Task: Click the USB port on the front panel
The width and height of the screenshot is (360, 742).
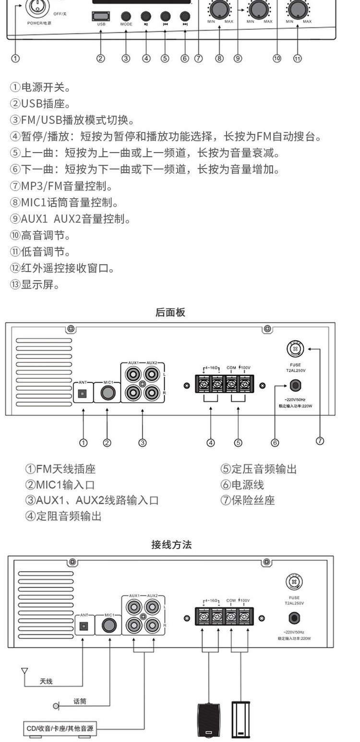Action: (x=101, y=16)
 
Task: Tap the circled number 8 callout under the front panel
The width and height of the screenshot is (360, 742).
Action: (x=219, y=59)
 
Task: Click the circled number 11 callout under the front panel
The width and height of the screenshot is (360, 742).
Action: (x=297, y=59)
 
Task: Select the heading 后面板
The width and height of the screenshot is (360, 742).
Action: (x=170, y=312)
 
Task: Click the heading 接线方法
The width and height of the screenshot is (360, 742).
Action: (x=171, y=545)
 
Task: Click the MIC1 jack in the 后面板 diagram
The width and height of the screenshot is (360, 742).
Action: (x=108, y=394)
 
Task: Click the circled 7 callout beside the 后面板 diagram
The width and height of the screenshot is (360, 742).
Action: (x=320, y=441)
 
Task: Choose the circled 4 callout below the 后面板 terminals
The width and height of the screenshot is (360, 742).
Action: (x=211, y=443)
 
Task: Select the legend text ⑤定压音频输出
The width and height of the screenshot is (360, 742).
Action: (x=258, y=469)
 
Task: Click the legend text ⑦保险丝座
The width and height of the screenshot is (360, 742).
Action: (x=247, y=500)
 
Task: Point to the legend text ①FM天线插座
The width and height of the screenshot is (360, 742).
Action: (x=57, y=469)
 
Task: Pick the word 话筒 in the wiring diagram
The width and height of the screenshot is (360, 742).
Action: (x=80, y=702)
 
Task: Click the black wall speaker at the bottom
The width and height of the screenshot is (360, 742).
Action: (x=208, y=720)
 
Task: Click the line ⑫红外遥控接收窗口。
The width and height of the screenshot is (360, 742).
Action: (x=62, y=268)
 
